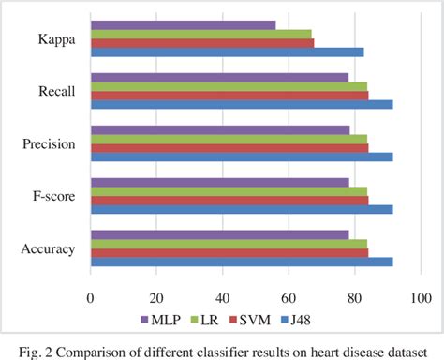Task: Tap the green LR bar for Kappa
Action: tap(200, 34)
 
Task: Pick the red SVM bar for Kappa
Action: tap(201, 43)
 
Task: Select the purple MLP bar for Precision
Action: tap(219, 130)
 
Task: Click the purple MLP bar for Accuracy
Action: tap(219, 235)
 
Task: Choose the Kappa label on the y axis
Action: tap(56, 39)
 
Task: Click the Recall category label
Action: tap(56, 92)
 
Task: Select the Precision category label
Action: tap(49, 144)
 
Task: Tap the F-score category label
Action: tap(52, 197)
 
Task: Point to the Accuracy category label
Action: tap(48, 249)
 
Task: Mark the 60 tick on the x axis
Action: tap(289, 297)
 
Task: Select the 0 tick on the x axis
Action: tap(90, 297)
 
